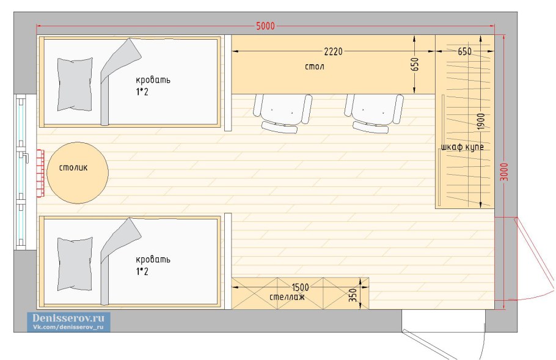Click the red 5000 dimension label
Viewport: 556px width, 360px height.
(x=265, y=26)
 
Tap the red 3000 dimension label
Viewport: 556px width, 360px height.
(x=504, y=172)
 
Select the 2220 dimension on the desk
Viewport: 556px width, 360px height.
(x=334, y=51)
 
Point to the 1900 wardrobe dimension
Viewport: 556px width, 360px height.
(x=481, y=121)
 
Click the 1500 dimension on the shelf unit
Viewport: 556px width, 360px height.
(x=300, y=287)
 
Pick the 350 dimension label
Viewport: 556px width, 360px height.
(x=353, y=295)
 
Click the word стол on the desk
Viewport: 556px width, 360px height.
(x=314, y=67)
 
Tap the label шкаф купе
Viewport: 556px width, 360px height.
(x=463, y=147)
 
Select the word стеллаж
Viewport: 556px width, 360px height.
(x=287, y=297)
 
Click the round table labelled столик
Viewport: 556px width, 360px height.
(x=78, y=173)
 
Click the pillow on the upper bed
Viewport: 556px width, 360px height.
(x=75, y=84)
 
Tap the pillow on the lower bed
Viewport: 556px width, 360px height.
(x=75, y=264)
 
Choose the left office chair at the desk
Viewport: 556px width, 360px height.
(x=283, y=113)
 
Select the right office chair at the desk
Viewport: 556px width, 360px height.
(x=374, y=113)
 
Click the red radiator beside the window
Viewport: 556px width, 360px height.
(x=40, y=174)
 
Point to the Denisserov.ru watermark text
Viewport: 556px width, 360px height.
(x=68, y=317)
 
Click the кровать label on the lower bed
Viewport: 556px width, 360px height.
(x=153, y=259)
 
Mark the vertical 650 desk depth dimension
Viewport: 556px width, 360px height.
(x=415, y=64)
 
